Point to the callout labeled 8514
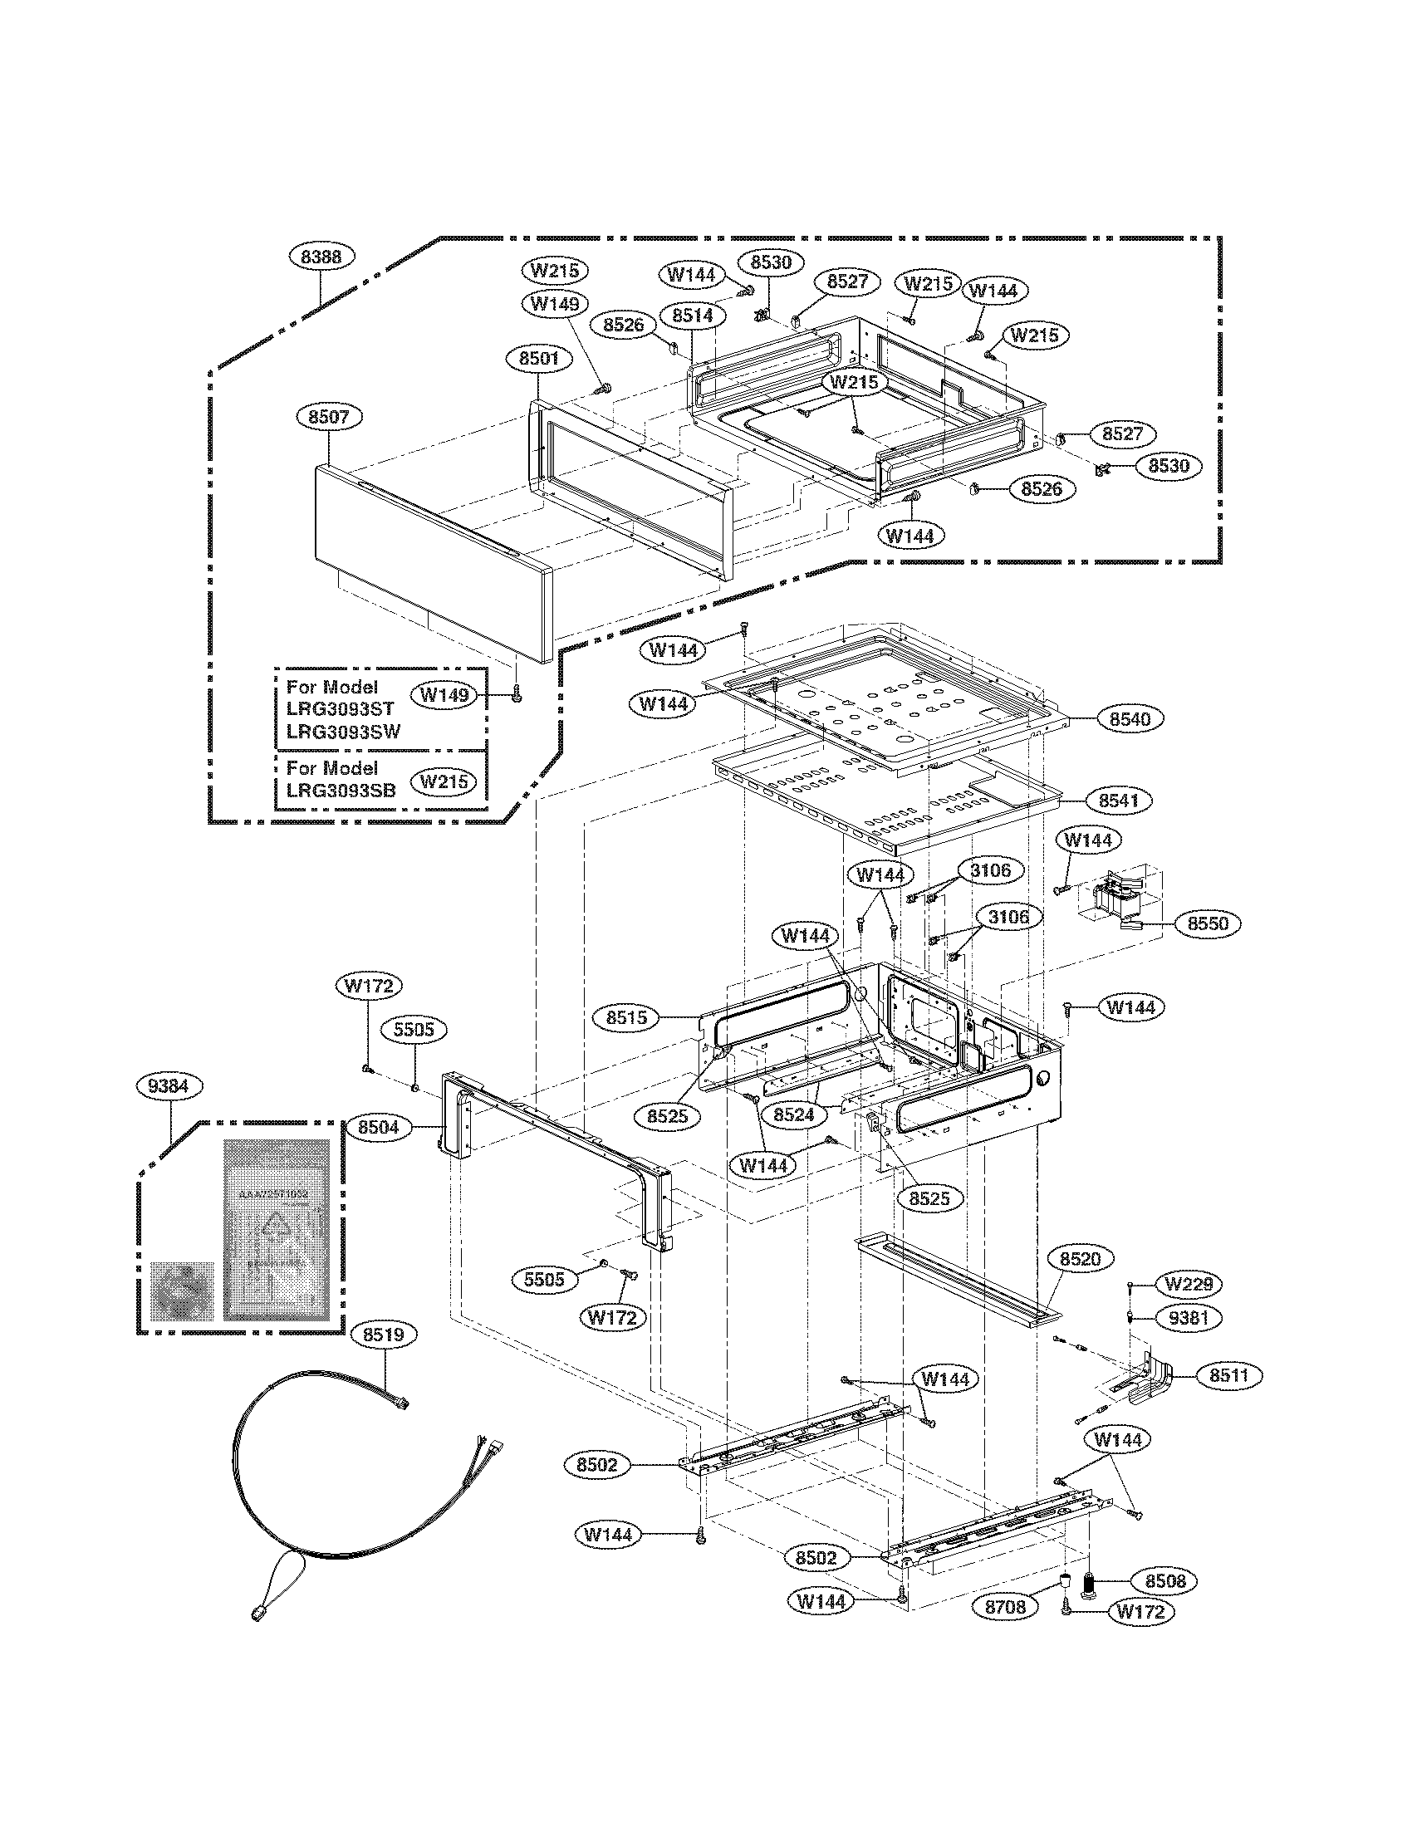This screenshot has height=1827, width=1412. [692, 315]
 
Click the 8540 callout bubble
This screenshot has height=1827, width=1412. [1130, 718]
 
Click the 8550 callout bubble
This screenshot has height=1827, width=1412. [1208, 924]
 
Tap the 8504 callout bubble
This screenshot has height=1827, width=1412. [379, 1127]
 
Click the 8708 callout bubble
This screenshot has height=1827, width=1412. [1006, 1607]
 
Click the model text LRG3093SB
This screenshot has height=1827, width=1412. [341, 791]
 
